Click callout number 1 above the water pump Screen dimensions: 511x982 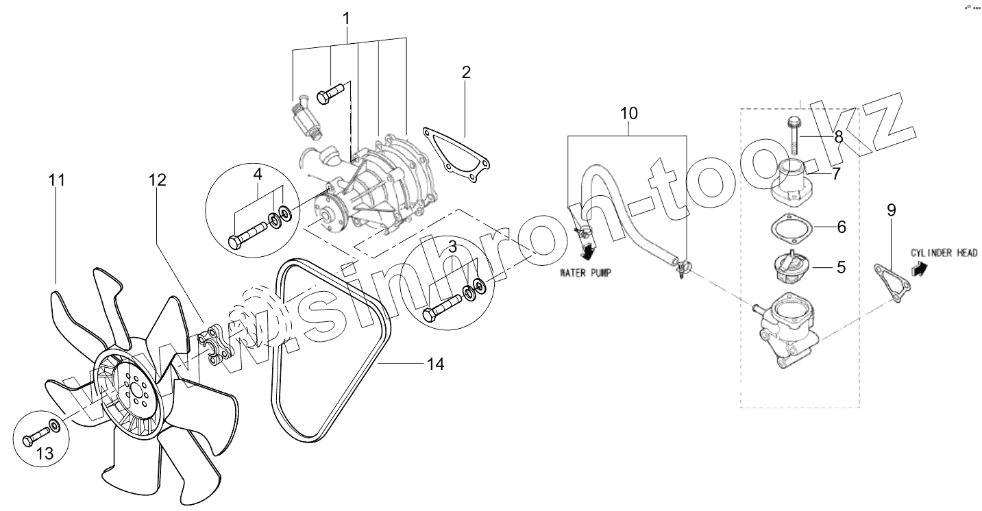346,17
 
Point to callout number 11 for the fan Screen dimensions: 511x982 56,181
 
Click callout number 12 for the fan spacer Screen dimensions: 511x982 158,181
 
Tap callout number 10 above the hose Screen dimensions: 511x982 629,113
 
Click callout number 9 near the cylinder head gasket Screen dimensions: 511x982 891,210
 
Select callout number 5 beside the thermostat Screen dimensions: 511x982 841,266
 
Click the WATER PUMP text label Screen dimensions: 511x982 585,272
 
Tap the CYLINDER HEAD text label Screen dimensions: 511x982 944,252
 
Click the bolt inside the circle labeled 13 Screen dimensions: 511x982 38,436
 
